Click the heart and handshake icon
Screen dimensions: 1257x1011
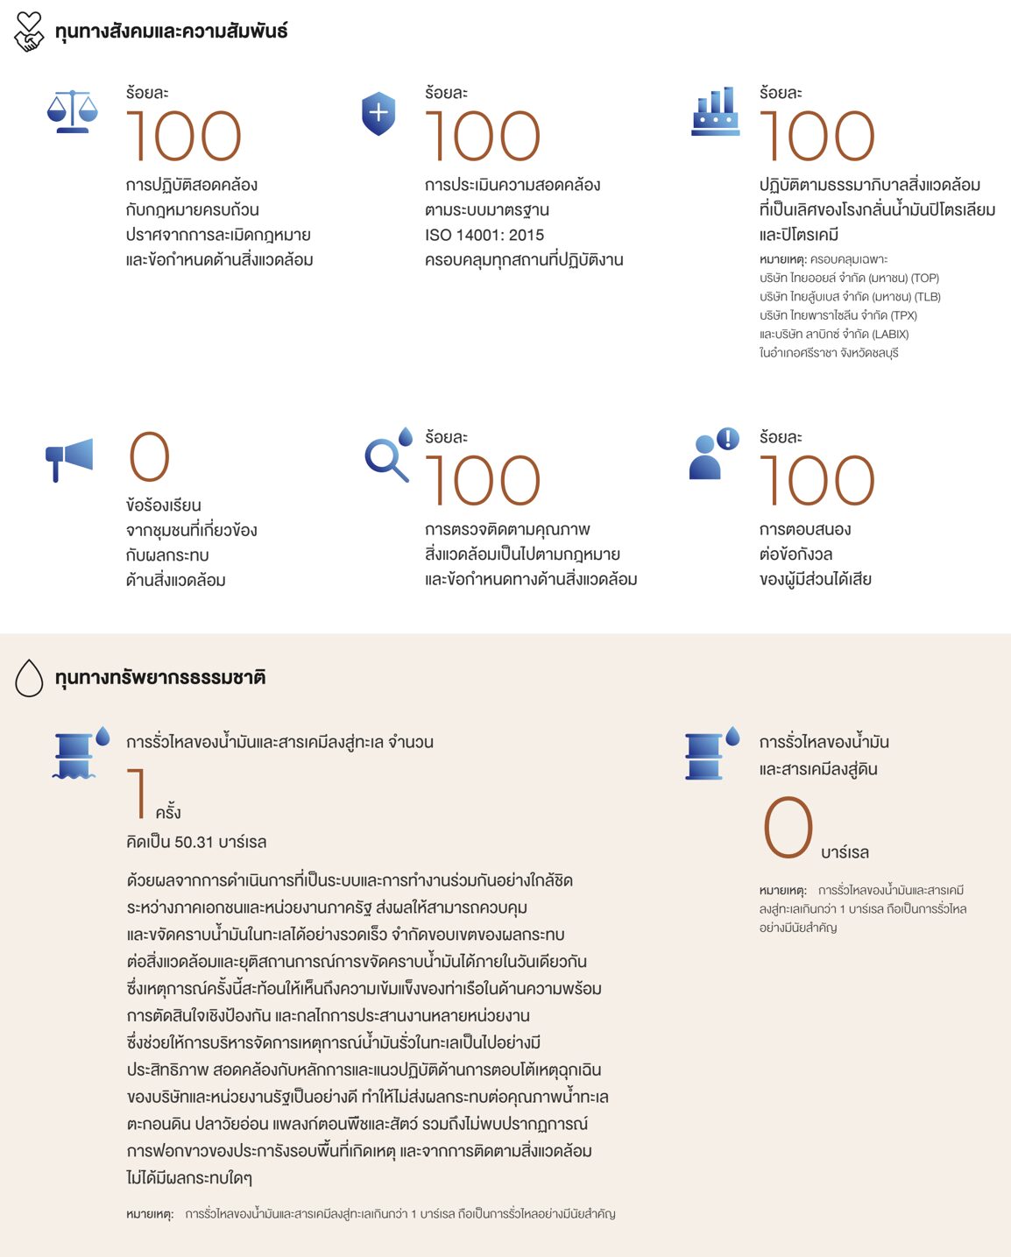coord(29,32)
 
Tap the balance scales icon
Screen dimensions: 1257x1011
coord(73,112)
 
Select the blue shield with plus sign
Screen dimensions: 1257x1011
coord(378,115)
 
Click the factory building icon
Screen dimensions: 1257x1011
coord(715,112)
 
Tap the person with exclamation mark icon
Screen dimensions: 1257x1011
coord(712,454)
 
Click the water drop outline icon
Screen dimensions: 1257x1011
coord(29,678)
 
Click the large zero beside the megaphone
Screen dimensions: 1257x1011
coord(149,457)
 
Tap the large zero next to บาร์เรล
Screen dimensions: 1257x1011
coord(788,828)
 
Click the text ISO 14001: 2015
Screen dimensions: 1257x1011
coord(484,235)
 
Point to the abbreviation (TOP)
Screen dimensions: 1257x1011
coord(925,278)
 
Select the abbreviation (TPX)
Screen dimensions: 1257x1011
coord(903,315)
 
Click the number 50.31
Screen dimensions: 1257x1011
coord(194,842)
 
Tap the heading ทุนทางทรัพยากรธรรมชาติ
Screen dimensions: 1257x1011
coord(160,678)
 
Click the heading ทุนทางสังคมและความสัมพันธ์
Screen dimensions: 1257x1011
coord(171,32)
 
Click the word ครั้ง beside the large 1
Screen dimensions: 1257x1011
coord(168,812)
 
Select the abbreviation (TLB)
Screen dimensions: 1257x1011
coord(927,297)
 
